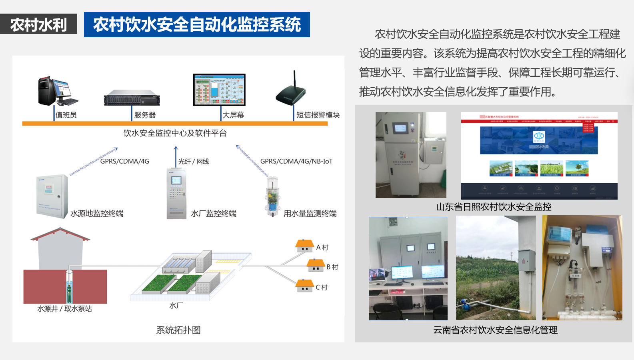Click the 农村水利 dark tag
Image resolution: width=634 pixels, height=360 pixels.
click(x=38, y=24)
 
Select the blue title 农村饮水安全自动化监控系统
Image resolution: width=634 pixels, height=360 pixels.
click(x=197, y=24)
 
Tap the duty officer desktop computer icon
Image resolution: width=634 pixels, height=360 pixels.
click(x=57, y=91)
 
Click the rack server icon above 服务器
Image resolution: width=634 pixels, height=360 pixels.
click(x=132, y=98)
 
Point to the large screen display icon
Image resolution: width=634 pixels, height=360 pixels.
click(x=219, y=90)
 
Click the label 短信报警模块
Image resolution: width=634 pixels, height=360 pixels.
click(x=318, y=115)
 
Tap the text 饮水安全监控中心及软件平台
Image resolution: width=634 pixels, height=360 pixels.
click(x=175, y=133)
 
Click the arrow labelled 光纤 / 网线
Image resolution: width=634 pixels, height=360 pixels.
click(x=176, y=156)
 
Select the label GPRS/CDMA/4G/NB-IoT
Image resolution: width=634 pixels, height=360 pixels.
click(x=296, y=161)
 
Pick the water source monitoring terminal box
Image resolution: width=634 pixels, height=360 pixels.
click(x=52, y=196)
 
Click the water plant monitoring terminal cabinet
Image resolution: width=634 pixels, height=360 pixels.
click(x=176, y=194)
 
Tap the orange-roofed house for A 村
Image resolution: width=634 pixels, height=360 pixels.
click(x=305, y=246)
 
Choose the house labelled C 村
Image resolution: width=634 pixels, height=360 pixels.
click(x=304, y=286)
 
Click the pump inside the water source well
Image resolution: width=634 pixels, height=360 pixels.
click(x=69, y=288)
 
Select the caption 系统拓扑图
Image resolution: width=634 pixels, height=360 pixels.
click(x=178, y=330)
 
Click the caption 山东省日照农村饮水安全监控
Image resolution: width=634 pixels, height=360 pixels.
click(x=494, y=207)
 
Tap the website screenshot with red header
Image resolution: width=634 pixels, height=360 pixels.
click(x=539, y=156)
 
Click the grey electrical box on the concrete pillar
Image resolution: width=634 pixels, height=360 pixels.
click(x=526, y=260)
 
